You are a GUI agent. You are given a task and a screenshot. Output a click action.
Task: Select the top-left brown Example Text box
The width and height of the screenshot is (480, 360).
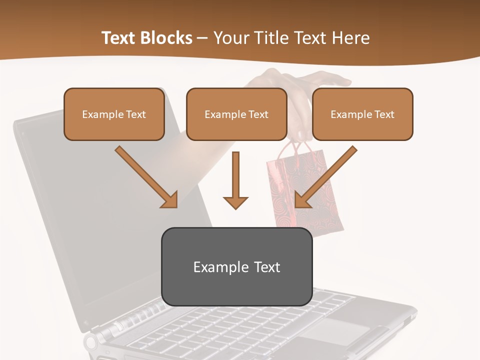pos(114,114)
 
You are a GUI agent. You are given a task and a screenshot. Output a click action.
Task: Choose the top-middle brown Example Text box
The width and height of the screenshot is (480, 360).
pos(236,114)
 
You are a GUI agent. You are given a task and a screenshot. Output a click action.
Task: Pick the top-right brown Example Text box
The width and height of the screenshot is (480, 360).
pos(362,114)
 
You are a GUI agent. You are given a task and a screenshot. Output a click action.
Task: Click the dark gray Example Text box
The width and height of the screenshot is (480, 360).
pos(236,266)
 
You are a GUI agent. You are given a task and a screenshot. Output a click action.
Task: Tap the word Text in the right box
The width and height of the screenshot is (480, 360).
pos(384,114)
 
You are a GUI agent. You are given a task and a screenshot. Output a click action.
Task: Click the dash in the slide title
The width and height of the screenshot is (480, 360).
pos(202,38)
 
